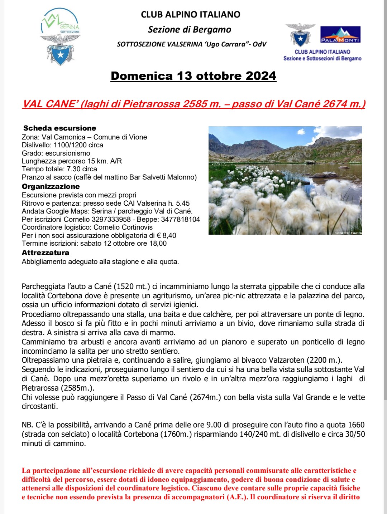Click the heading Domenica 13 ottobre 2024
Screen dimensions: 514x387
[193, 76]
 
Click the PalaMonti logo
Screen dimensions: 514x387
[340, 35]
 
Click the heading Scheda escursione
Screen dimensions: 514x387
[59, 128]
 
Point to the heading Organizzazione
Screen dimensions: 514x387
[51, 186]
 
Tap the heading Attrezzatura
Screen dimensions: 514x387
[45, 253]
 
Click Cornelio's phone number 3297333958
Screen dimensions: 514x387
[111, 219]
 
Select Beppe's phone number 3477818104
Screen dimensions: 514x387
[181, 219]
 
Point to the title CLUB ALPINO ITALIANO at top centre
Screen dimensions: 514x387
[190, 15]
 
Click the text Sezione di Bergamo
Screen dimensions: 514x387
[190, 29]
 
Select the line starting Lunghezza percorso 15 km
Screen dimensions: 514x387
[72, 161]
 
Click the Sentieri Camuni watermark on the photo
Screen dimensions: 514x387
[348, 233]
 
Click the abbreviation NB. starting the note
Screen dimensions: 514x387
[27, 425]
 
